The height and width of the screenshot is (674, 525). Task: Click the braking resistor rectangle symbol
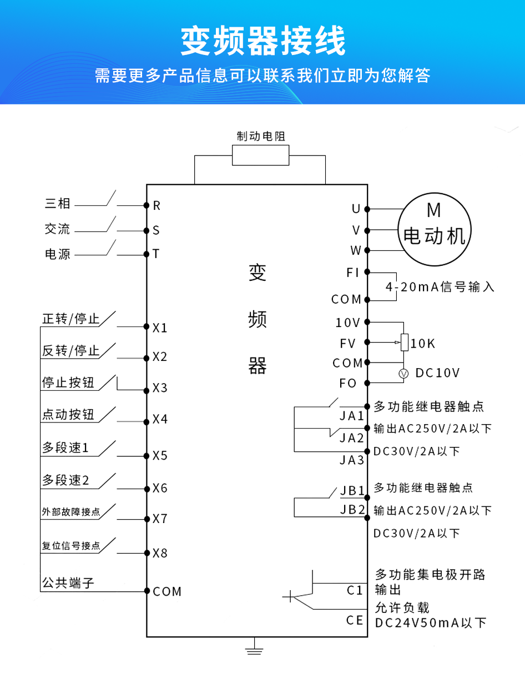pos(260,155)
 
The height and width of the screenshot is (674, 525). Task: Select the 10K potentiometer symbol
pos(405,343)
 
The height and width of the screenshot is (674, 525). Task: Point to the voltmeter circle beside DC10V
pos(404,373)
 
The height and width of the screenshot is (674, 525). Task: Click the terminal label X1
pos(160,328)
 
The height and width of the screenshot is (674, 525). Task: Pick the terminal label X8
pos(160,554)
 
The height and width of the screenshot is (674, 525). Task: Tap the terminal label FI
pos(353,273)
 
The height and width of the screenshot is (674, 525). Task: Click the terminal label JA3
pos(352,460)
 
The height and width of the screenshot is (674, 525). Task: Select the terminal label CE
pos(355,620)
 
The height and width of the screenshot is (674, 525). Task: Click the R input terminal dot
pos(147,205)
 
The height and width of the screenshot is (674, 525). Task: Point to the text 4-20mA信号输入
pos(440,287)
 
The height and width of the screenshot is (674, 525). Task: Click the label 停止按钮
pos(69,383)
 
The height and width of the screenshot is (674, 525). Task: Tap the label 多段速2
pos(65,480)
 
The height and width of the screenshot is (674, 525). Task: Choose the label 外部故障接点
pos(70,512)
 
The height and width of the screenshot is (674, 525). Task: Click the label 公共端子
pos(68,583)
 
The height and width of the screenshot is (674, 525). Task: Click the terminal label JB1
pos(352,491)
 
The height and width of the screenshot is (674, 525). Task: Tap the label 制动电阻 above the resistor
pos(261,137)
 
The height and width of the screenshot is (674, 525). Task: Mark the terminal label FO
pos(348,384)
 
